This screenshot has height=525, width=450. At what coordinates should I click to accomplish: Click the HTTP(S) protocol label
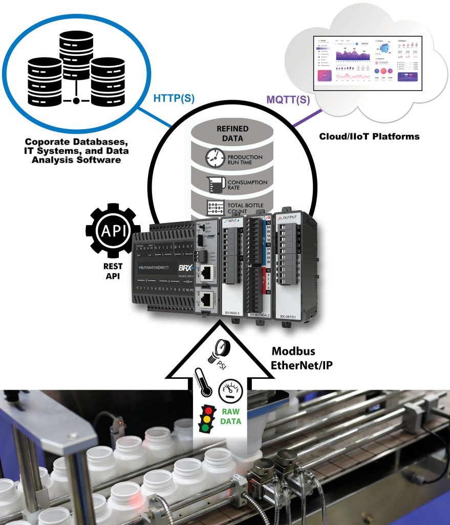[x=174, y=98]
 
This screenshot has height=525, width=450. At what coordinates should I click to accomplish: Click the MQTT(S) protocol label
[x=288, y=99]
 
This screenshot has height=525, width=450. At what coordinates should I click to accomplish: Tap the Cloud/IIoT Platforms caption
[x=369, y=136]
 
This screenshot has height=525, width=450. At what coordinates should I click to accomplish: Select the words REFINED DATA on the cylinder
[x=232, y=133]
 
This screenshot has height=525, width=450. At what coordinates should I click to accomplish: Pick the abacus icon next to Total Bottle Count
[x=214, y=208]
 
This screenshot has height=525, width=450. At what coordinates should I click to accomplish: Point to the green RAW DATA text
[x=232, y=417]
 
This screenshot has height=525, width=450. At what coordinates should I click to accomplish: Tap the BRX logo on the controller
[x=184, y=267]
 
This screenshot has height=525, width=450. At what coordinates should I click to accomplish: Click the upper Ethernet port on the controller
[x=206, y=271]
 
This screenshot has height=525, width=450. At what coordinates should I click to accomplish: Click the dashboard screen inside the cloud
[x=368, y=62]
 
